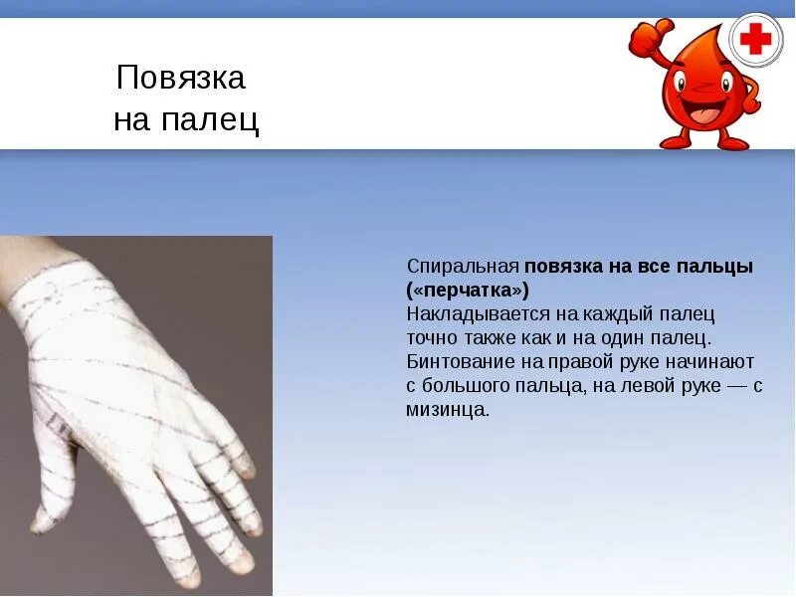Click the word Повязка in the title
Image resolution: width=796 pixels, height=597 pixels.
point(180,78)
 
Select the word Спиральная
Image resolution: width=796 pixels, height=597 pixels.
point(463,267)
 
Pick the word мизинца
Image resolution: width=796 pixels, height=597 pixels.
point(447,410)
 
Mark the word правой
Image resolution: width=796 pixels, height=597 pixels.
point(571,362)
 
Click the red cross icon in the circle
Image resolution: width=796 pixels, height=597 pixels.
point(756,40)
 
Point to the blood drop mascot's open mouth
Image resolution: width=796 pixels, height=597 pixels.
point(704,112)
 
